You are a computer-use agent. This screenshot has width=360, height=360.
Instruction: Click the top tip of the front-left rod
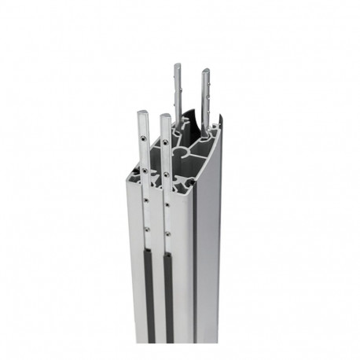142,113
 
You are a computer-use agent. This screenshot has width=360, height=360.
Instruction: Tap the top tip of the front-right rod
165,119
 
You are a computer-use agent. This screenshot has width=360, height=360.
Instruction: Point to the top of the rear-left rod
177,66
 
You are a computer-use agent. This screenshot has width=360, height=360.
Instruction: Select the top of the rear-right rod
207,72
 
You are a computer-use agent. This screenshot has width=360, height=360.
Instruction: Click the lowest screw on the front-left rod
145,229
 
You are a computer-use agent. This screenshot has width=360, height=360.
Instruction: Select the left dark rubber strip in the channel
146,291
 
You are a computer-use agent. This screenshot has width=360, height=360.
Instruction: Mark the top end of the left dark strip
146,247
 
